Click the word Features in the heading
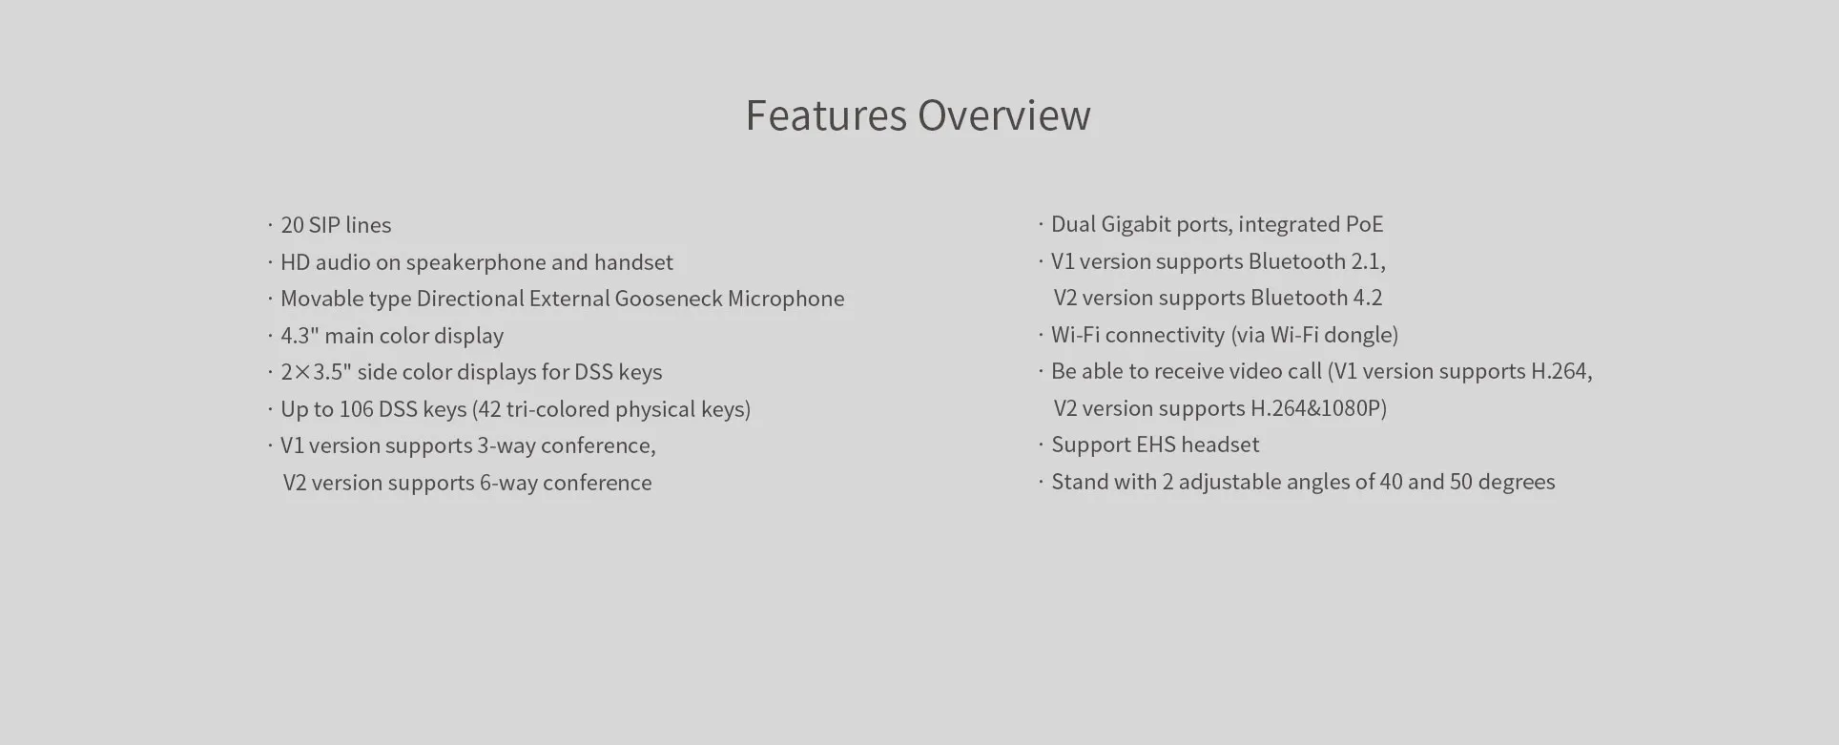click(x=826, y=115)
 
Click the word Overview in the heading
click(x=1004, y=115)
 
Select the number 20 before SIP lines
click(x=292, y=225)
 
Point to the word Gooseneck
click(x=668, y=299)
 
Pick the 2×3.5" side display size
click(x=316, y=372)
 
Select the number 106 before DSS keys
click(x=356, y=409)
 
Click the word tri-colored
click(x=557, y=409)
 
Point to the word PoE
click(x=1364, y=224)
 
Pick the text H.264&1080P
click(x=1316, y=408)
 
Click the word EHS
click(x=1154, y=445)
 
